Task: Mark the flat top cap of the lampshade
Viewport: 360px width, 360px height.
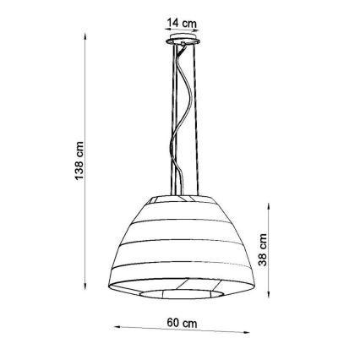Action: tap(178, 200)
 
